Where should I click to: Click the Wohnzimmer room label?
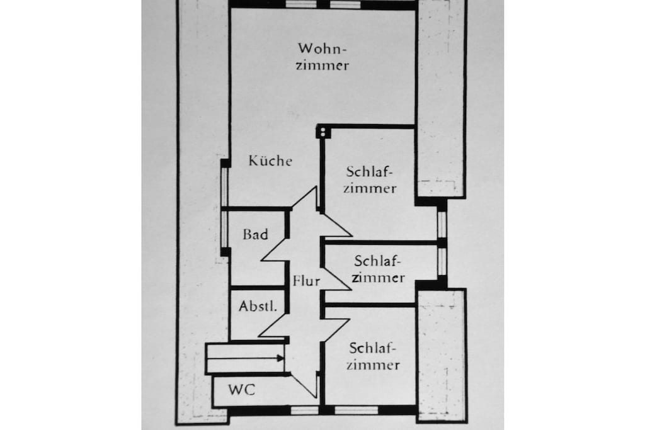pyautogui.click(x=322, y=57)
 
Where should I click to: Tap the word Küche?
pyautogui.click(x=270, y=161)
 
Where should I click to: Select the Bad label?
pyautogui.click(x=256, y=234)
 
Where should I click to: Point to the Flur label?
pyautogui.click(x=306, y=281)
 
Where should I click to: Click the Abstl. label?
pyautogui.click(x=258, y=306)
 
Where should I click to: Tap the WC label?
pyautogui.click(x=241, y=389)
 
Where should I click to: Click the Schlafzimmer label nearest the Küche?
pyautogui.click(x=370, y=179)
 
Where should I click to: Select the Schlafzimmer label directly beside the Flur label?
pyautogui.click(x=378, y=269)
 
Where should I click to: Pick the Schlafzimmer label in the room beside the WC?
pyautogui.click(x=373, y=356)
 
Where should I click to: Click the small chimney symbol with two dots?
pyautogui.click(x=322, y=132)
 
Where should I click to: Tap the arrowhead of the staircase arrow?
pyautogui.click(x=280, y=358)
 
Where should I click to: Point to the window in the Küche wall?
pyautogui.click(x=225, y=186)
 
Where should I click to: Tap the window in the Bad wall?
pyautogui.click(x=225, y=229)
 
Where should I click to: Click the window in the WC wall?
pyautogui.click(x=304, y=410)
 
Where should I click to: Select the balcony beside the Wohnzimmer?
pyautogui.click(x=441, y=99)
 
